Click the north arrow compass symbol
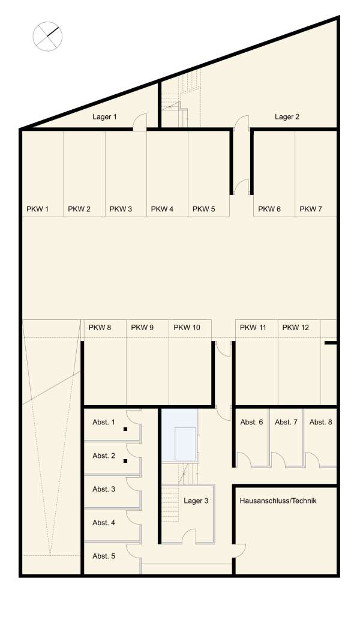[x=47, y=37]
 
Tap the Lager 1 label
[x=104, y=116]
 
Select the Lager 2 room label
[x=287, y=116]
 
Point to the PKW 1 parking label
[x=37, y=209]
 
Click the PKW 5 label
[x=203, y=209]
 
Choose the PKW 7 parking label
[x=311, y=209]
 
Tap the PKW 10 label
[x=187, y=327]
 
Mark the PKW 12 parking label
[x=296, y=327]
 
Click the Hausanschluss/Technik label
[x=278, y=501]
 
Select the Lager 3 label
[x=196, y=501]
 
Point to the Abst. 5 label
[x=104, y=556]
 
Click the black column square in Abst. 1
[x=125, y=429]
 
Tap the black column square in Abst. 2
[x=125, y=461]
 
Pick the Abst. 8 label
[x=320, y=422]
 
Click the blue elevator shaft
[x=180, y=435]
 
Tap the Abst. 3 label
[x=104, y=489]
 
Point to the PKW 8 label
[x=100, y=327]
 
